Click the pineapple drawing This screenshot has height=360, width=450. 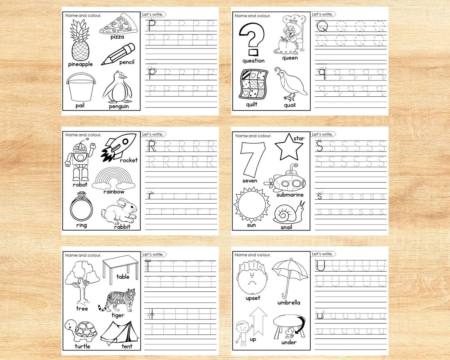click(80, 41)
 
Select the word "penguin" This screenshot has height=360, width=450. click(119, 106)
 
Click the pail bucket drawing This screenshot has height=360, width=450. click(80, 88)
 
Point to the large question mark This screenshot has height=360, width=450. click(253, 39)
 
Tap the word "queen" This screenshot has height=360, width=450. click(290, 58)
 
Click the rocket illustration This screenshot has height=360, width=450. click(118, 146)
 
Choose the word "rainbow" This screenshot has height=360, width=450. click(114, 191)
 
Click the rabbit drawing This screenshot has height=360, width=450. click(119, 212)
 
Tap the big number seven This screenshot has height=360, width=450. click(253, 159)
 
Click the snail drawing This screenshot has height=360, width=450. click(289, 213)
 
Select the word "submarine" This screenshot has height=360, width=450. click(290, 195)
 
